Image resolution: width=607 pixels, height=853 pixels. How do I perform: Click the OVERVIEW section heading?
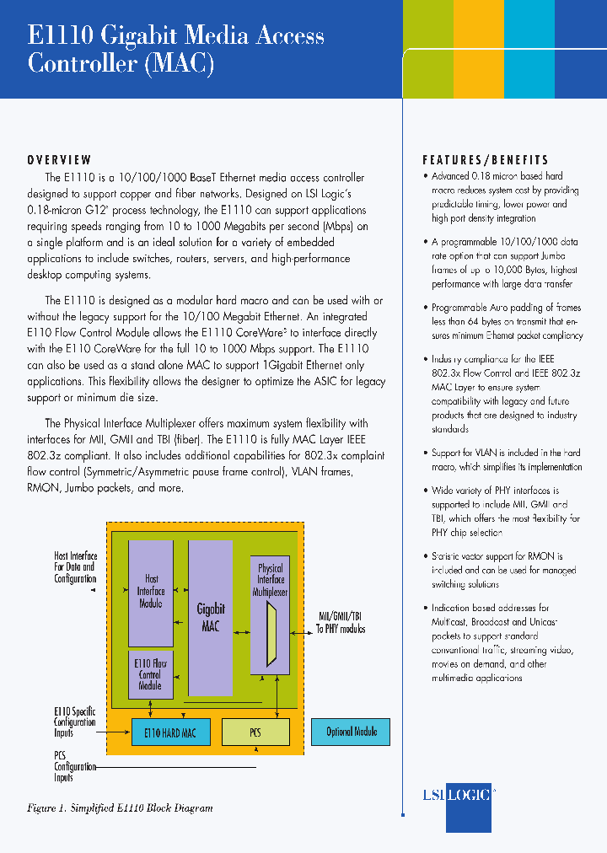click(59, 160)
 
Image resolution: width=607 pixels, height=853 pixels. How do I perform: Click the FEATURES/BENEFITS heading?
click(485, 160)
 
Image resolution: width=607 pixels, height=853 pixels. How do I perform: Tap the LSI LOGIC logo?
click(456, 794)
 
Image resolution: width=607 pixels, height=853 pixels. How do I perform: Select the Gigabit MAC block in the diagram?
click(210, 618)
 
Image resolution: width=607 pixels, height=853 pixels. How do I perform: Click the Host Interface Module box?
click(151, 591)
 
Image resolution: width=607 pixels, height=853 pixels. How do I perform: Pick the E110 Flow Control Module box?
click(150, 674)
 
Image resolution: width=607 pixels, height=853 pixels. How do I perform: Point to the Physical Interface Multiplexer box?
click(271, 579)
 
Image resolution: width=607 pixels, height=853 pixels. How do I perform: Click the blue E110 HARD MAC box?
click(170, 732)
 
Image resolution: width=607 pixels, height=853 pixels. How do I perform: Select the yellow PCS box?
click(255, 732)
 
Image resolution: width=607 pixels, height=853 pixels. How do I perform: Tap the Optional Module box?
click(351, 732)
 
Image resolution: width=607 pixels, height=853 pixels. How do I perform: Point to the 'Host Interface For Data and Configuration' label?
click(75, 567)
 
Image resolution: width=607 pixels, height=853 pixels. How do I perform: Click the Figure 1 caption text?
click(120, 808)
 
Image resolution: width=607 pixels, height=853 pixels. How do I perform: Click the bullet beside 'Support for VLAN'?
click(426, 453)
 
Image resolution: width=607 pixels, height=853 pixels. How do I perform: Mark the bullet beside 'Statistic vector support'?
click(426, 557)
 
